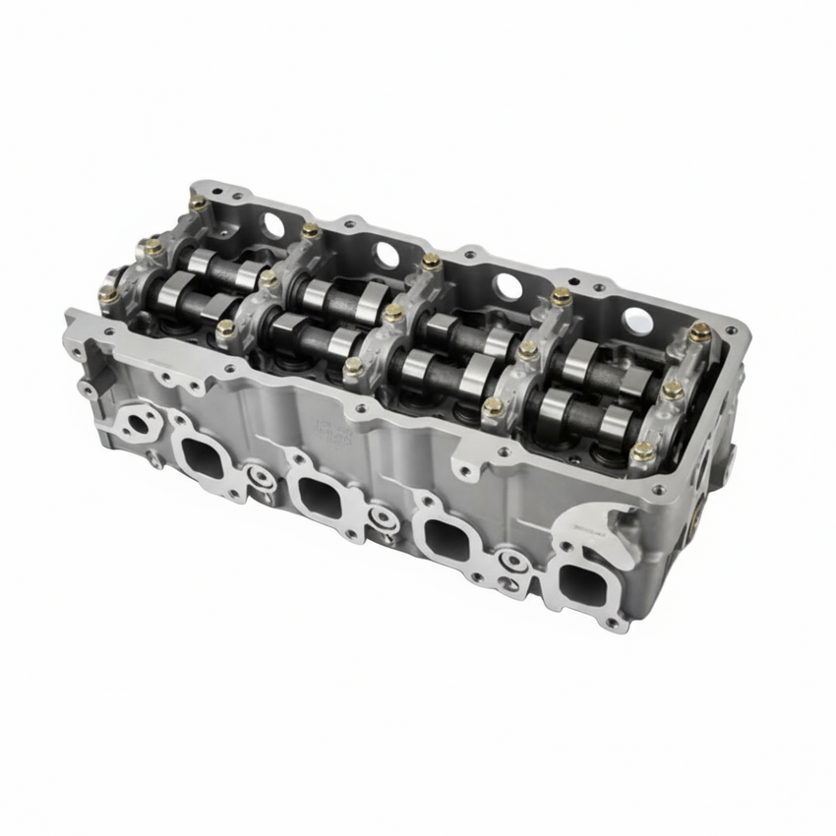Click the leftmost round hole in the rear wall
pos(272,224)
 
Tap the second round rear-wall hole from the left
pos(387,255)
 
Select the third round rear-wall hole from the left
pos(508,286)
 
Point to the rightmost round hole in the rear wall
pos(637,321)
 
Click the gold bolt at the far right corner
pos(699,332)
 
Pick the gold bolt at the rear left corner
pos(198,203)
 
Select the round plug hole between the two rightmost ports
pos(510,563)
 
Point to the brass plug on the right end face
pos(695,521)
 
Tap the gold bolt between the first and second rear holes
pos(311,231)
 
